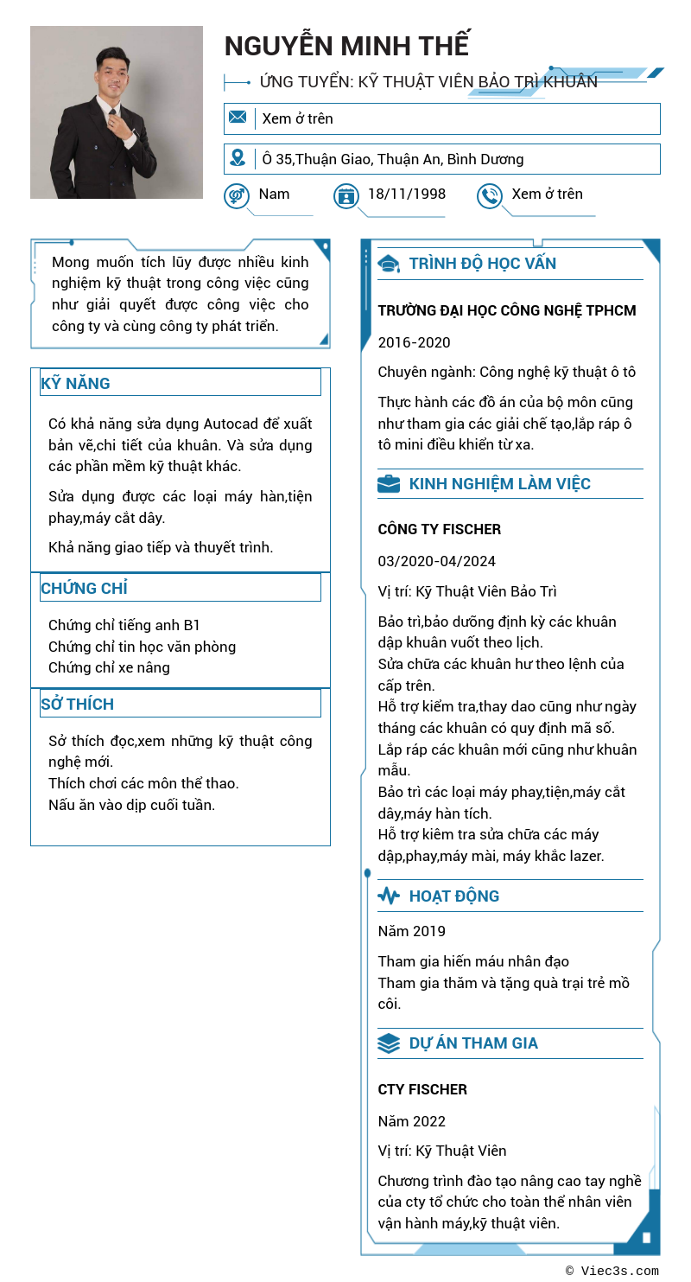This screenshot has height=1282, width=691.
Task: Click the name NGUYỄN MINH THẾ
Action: click(x=346, y=46)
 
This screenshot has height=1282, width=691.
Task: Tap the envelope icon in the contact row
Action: click(x=238, y=118)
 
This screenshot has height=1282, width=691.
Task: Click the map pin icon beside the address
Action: click(x=238, y=158)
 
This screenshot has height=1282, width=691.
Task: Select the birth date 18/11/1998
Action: click(x=407, y=194)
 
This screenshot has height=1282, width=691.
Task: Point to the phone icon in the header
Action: click(x=489, y=196)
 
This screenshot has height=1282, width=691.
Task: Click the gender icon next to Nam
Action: click(x=237, y=196)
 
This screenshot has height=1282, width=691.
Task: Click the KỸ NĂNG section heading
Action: click(x=76, y=383)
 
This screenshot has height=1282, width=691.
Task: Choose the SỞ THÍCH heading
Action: click(x=78, y=704)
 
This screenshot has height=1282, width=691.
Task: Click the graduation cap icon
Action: click(x=389, y=264)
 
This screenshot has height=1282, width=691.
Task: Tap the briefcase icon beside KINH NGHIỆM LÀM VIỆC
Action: click(x=389, y=484)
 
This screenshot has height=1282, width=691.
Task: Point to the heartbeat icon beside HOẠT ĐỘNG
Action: click(x=389, y=896)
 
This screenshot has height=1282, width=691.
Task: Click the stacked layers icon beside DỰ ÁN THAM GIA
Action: click(x=389, y=1043)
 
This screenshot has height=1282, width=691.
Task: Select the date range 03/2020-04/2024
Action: click(x=437, y=561)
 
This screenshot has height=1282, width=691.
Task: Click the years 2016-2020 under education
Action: click(x=415, y=342)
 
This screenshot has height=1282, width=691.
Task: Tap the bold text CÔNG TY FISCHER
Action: click(x=440, y=529)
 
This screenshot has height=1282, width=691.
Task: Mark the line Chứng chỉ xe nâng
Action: click(x=109, y=667)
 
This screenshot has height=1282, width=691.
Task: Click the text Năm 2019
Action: click(x=412, y=931)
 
